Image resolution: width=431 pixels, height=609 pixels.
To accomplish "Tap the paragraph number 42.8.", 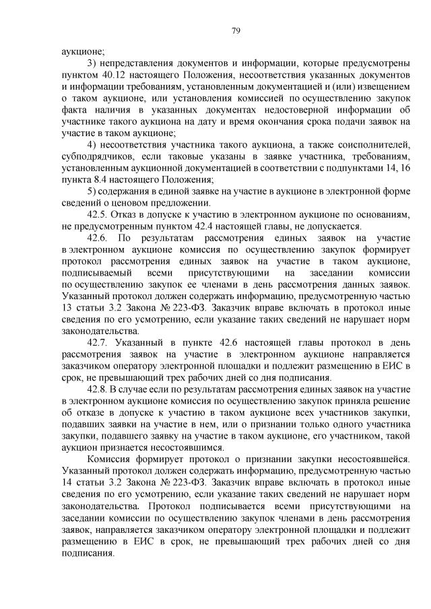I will [x=98, y=389].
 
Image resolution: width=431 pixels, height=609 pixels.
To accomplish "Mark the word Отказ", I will [x=131, y=214].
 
